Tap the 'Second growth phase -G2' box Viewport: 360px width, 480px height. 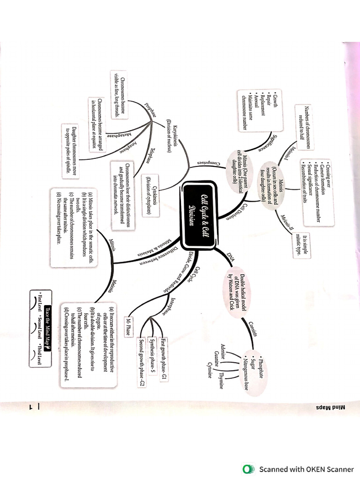[x=141, y=361]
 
